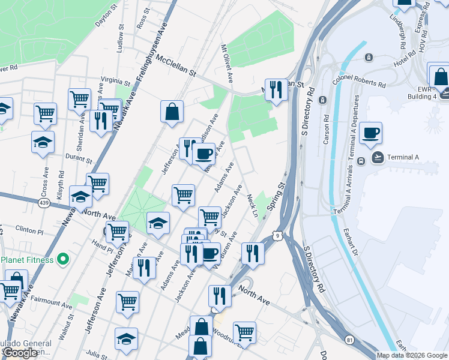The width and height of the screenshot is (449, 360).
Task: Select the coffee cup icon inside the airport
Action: click(x=370, y=133)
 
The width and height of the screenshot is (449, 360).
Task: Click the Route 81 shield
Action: click(x=349, y=340)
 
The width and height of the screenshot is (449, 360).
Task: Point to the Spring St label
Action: click(x=275, y=196)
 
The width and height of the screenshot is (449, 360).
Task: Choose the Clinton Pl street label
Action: click(x=29, y=230)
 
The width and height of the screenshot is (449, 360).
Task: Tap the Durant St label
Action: click(x=79, y=161)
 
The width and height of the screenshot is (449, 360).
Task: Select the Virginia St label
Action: click(x=115, y=81)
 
